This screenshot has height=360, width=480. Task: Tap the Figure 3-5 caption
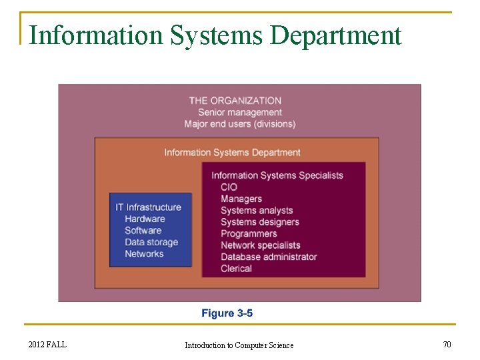pyautogui.click(x=227, y=313)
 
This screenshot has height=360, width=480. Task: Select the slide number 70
pyautogui.click(x=447, y=345)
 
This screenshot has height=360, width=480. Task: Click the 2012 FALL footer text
pyautogui.click(x=47, y=345)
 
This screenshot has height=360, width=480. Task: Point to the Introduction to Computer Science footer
pyautogui.click(x=239, y=345)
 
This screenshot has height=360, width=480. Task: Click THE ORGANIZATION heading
pyautogui.click(x=235, y=101)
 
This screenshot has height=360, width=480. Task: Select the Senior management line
pyautogui.click(x=239, y=112)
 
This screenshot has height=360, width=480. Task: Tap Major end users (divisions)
pyautogui.click(x=240, y=124)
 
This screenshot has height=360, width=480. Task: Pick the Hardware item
pyautogui.click(x=145, y=219)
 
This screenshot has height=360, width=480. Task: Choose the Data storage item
pyautogui.click(x=151, y=242)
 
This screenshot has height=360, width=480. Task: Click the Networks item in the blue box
pyautogui.click(x=144, y=254)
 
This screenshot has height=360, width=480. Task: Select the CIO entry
pyautogui.click(x=229, y=187)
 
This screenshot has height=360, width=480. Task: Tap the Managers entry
pyautogui.click(x=241, y=199)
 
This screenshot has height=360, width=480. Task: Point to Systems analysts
pyautogui.click(x=257, y=211)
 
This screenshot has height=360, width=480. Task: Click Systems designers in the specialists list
pyautogui.click(x=260, y=222)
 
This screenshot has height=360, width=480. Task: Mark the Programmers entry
pyautogui.click(x=249, y=234)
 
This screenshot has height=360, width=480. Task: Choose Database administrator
pyautogui.click(x=269, y=257)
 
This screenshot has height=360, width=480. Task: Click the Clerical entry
pyautogui.click(x=236, y=269)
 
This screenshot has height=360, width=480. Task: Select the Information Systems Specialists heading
pyautogui.click(x=277, y=175)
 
